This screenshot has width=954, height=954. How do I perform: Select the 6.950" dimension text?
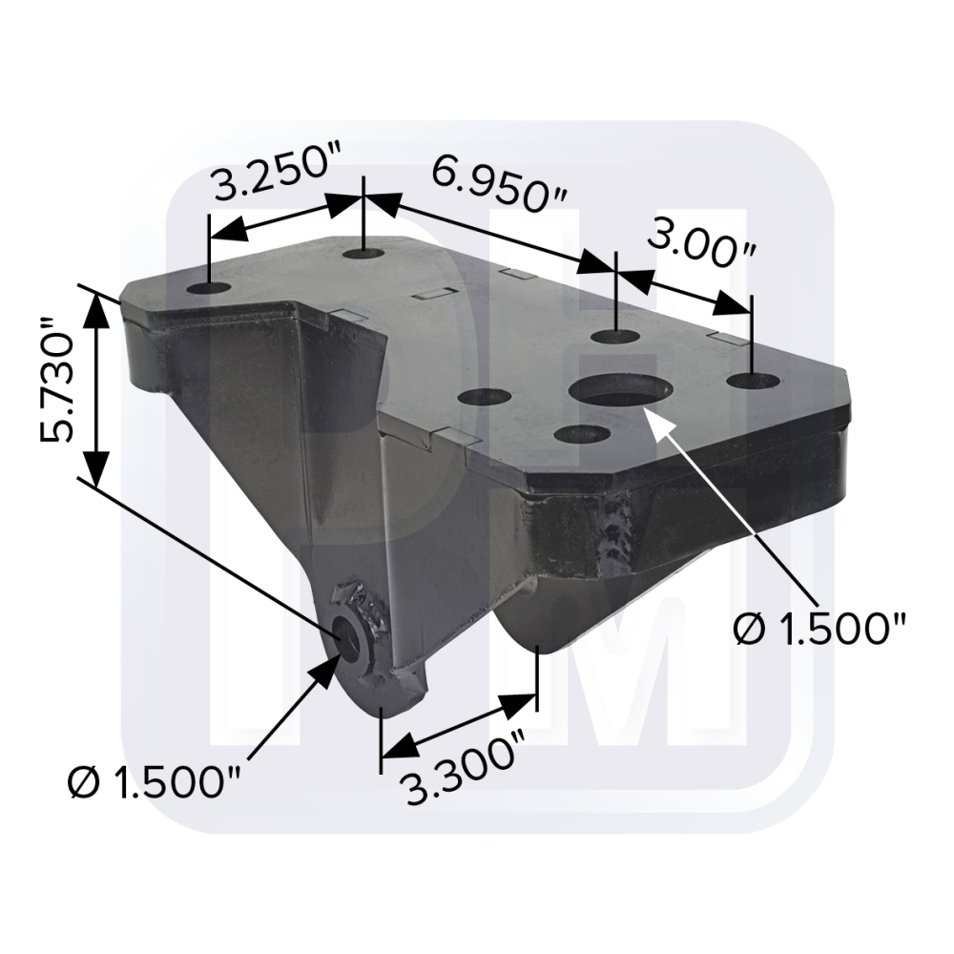coord(500,184)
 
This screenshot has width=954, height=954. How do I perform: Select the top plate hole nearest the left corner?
coord(208,288)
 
